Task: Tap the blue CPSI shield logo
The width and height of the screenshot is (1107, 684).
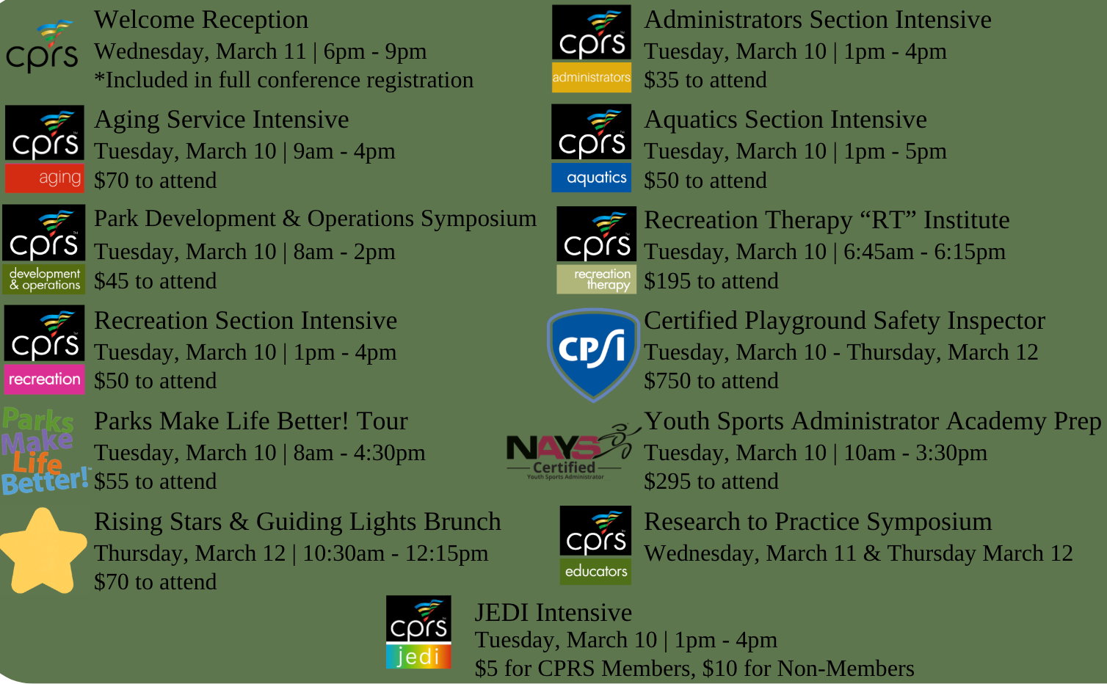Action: pos(593,354)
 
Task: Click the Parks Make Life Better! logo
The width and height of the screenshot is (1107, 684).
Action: pos(45,450)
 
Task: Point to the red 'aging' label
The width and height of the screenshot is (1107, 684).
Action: pos(45,178)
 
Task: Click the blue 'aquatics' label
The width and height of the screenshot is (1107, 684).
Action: pos(591,178)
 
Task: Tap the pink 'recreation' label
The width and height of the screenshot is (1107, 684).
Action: pos(45,379)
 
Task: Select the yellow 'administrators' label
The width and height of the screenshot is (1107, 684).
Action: pos(592,77)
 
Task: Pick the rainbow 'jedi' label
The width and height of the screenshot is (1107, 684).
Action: pos(418,656)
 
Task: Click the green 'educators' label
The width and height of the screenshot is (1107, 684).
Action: pos(595,571)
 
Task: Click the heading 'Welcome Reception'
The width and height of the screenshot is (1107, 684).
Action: pos(201,21)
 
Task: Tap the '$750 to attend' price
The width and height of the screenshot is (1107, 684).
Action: pos(711,381)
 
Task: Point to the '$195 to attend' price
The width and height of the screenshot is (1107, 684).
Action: pos(711,281)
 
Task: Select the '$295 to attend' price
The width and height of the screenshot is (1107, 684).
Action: pos(711,481)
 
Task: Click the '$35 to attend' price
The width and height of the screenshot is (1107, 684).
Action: pos(705,80)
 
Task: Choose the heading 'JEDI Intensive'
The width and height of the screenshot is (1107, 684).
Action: pos(553,613)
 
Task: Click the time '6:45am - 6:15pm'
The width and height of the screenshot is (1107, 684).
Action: pos(924,252)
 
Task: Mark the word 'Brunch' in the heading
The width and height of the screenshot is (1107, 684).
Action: pos(462,522)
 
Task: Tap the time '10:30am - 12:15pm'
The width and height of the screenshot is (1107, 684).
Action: pos(396,553)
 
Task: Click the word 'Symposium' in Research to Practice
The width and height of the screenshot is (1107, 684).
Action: pos(929,523)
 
